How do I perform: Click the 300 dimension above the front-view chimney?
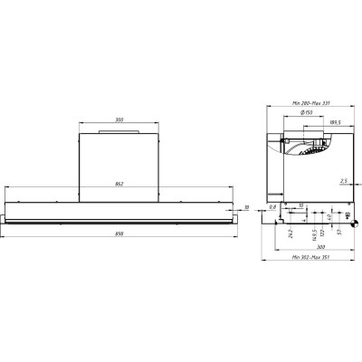119,120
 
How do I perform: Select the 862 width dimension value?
119,185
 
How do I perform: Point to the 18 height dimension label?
247,207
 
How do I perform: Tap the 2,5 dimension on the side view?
345,181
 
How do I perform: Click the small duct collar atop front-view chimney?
119,132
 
